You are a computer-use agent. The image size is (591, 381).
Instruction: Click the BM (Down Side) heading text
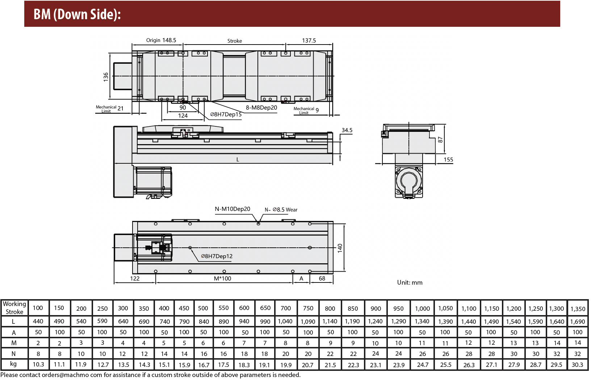click(x=77, y=14)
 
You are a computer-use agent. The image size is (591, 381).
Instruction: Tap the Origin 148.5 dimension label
click(x=161, y=40)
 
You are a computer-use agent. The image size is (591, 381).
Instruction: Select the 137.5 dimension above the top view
click(x=309, y=40)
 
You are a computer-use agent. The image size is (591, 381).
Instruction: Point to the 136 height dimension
click(x=106, y=77)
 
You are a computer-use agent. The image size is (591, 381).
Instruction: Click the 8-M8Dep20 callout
click(x=261, y=108)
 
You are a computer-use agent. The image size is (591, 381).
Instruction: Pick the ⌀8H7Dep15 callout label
click(x=226, y=114)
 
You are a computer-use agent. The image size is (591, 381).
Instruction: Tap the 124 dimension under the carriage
click(x=183, y=116)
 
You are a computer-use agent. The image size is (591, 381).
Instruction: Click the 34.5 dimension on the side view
click(x=347, y=130)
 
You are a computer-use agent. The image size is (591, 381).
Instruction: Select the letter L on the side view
click(x=238, y=159)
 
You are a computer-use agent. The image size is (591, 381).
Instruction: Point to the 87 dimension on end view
click(x=440, y=139)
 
